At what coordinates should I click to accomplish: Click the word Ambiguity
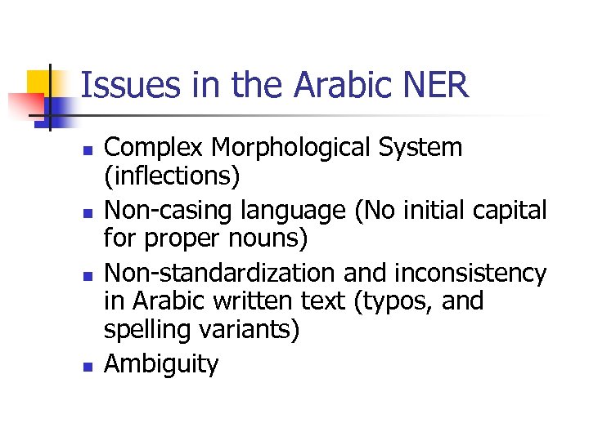click(x=161, y=363)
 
